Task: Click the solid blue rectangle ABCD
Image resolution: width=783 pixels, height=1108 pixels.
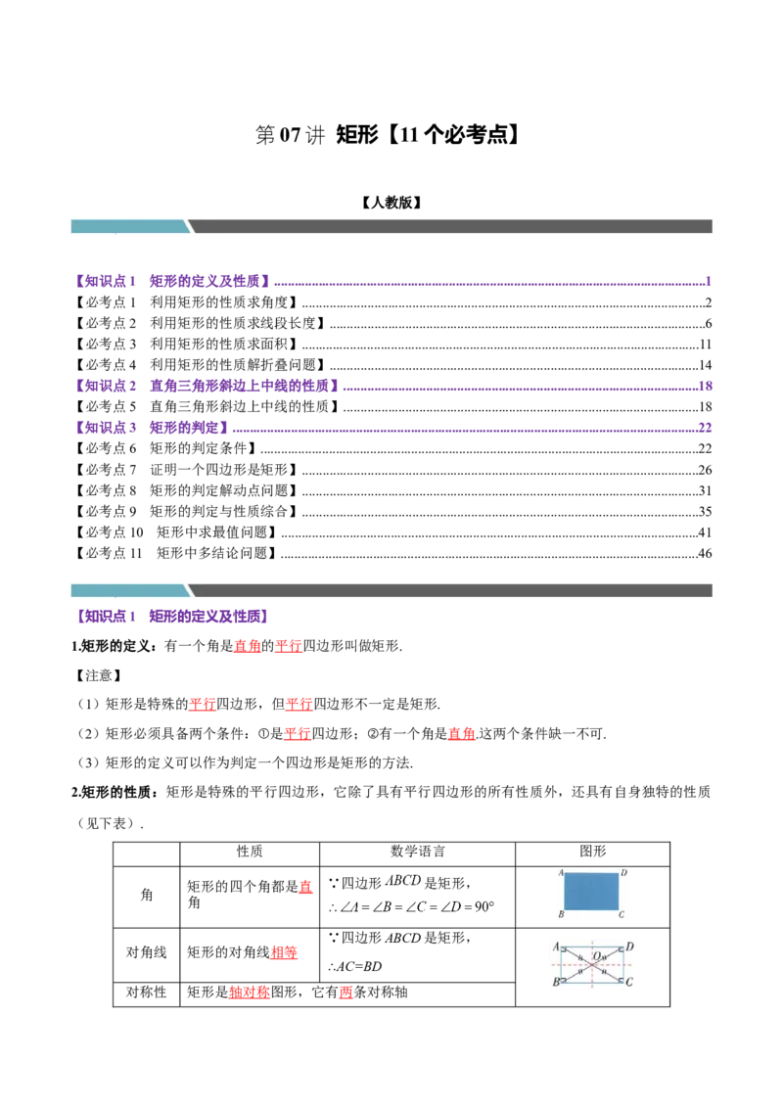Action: pos(592,891)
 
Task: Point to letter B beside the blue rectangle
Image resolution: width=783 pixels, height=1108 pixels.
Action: pos(561,915)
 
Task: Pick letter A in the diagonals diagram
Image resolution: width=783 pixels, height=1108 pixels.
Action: pos(556,946)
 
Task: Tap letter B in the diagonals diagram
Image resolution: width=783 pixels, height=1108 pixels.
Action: pos(556,981)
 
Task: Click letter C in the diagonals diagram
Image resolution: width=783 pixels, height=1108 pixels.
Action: pos(629,981)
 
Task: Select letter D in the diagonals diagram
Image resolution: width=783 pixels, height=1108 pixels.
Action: pos(629,946)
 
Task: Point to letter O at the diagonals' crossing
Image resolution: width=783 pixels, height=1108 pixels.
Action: pos(596,955)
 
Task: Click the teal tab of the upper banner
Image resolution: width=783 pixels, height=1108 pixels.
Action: pos(129,226)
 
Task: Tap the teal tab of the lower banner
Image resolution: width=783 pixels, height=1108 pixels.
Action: pos(129,589)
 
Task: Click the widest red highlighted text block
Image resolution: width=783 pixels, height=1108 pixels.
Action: pos(249,993)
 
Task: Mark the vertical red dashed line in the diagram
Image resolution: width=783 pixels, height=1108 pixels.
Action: pos(592,979)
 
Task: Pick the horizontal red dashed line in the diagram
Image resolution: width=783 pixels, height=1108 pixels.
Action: pos(573,964)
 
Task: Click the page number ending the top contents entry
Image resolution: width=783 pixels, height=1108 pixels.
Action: pos(708,282)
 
